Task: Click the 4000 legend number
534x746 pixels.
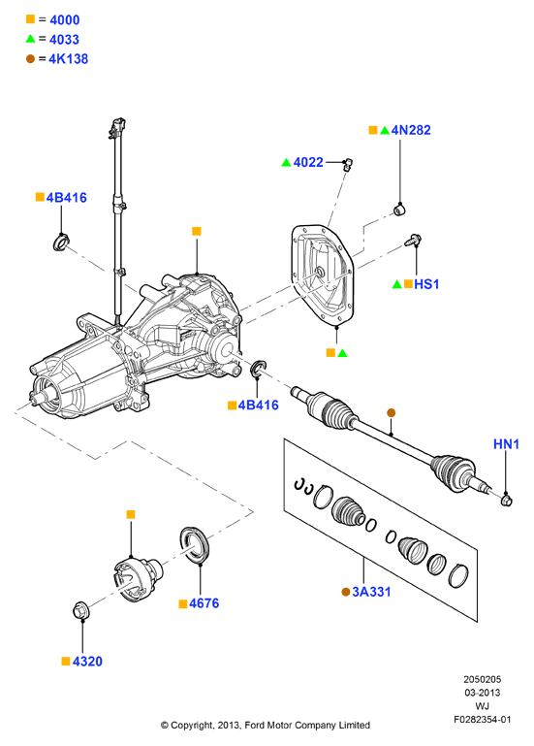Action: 65,20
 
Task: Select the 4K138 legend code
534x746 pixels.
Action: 69,59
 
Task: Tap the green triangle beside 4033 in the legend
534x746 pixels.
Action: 30,39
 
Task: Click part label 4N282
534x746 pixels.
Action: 411,130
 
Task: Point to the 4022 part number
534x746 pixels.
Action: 308,162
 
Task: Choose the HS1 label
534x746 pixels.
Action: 426,284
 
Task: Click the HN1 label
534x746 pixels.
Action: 506,444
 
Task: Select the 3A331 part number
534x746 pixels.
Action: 371,592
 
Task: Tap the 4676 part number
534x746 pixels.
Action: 204,603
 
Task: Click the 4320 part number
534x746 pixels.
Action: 87,662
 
